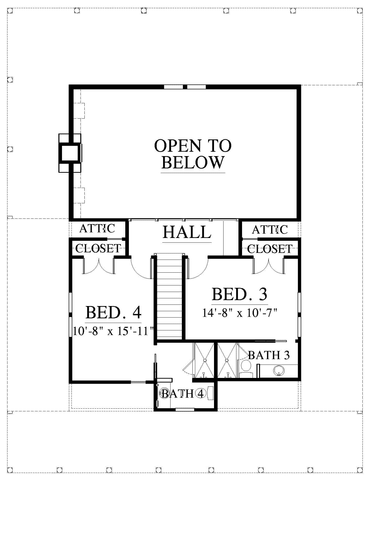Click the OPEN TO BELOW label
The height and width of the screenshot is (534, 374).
coord(193,154)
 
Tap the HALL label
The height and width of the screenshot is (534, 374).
coord(187,232)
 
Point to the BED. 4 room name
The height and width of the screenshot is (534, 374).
coord(113,312)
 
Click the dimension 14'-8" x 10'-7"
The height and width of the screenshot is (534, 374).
coord(239,313)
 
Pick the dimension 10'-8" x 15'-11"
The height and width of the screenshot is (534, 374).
coord(113,331)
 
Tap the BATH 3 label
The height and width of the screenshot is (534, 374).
coord(269,355)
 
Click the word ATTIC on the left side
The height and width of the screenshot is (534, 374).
coord(97,228)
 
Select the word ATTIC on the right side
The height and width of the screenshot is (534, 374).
coord(270,230)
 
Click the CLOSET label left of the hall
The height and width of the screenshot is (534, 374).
coord(98,248)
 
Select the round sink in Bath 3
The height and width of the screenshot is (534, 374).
coord(279,370)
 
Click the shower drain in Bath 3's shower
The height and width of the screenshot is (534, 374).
coord(227,360)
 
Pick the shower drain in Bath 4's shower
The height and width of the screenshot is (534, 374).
coord(205,360)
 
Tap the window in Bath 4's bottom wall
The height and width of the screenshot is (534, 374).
coord(185,409)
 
